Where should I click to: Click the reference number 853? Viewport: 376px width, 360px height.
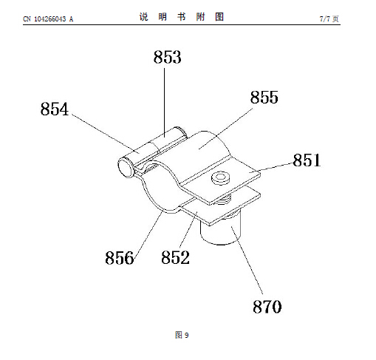tap(168, 57)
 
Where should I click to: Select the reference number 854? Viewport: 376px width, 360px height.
tap(55, 109)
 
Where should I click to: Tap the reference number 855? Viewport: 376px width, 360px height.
tap(264, 97)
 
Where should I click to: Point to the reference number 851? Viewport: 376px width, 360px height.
tap(307, 160)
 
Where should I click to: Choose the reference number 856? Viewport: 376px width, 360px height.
tap(120, 258)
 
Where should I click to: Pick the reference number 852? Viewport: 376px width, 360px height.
tap(176, 257)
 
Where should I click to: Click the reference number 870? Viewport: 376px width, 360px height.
tap(267, 307)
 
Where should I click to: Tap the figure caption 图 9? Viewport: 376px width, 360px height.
tap(182, 335)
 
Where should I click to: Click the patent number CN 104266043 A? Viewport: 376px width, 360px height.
tap(48, 19)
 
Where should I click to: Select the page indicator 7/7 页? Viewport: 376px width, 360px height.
tap(329, 18)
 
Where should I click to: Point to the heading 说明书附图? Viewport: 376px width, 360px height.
tap(182, 17)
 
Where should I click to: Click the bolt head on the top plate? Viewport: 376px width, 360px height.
tap(221, 178)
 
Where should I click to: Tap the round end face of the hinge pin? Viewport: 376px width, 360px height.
tap(126, 166)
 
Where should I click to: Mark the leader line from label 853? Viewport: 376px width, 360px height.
tap(164, 103)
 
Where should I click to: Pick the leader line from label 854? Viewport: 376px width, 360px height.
tap(106, 134)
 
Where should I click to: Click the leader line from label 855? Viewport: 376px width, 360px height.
tap(225, 129)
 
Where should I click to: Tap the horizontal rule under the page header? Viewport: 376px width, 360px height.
tap(182, 24)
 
